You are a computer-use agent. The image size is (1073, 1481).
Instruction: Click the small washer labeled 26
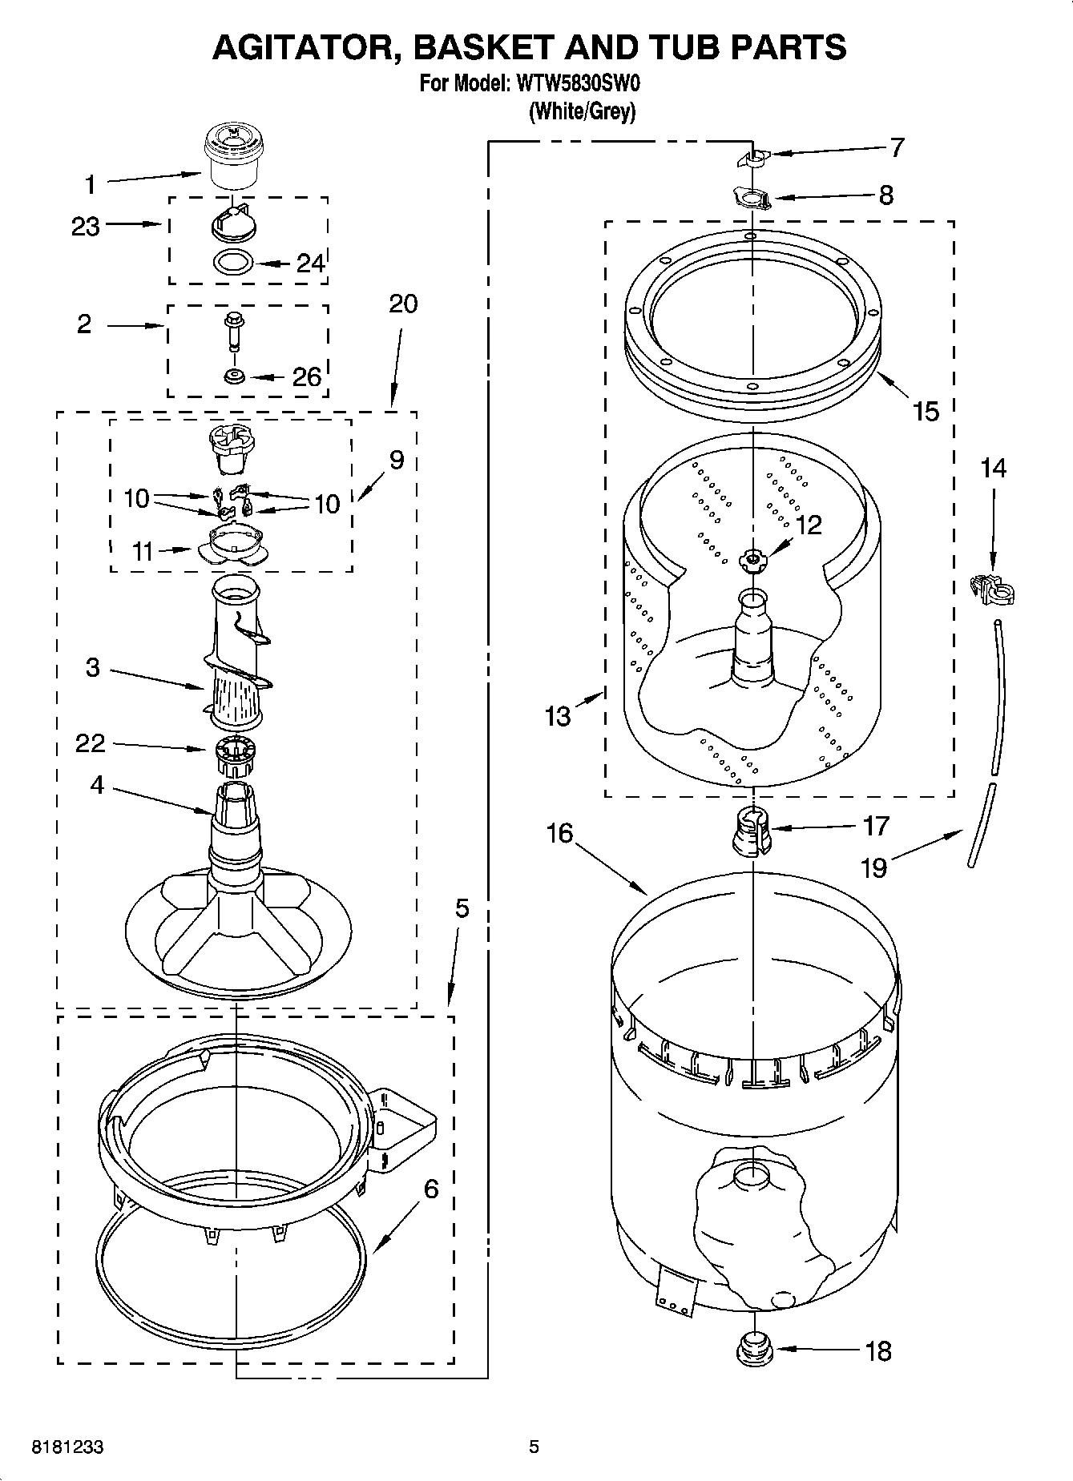(235, 376)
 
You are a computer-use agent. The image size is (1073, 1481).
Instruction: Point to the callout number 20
(403, 304)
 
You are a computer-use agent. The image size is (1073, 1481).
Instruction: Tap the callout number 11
(143, 551)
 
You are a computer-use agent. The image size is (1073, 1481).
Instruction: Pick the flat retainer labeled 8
(752, 197)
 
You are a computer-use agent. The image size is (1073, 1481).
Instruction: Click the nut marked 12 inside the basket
(752, 559)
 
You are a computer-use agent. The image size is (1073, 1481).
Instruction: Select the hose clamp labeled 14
(991, 590)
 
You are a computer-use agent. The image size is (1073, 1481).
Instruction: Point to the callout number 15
(926, 411)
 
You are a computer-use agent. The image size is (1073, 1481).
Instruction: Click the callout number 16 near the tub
(560, 833)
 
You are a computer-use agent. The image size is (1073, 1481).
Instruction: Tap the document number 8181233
(68, 1447)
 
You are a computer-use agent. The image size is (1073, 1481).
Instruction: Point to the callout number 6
(431, 1189)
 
